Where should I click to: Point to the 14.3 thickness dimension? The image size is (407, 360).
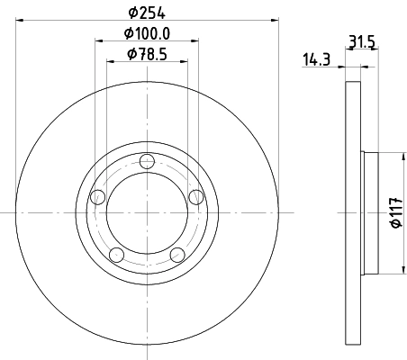(x=315, y=59)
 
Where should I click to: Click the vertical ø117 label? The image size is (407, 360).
(x=393, y=213)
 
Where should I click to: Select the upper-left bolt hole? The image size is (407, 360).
(x=99, y=196)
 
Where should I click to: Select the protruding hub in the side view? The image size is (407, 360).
(x=368, y=213)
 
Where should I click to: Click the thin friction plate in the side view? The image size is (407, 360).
(x=352, y=213)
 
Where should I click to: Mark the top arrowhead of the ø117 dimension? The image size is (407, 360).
(x=400, y=154)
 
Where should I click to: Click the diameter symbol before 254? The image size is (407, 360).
(x=132, y=12)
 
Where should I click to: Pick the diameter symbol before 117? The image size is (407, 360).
(x=393, y=226)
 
